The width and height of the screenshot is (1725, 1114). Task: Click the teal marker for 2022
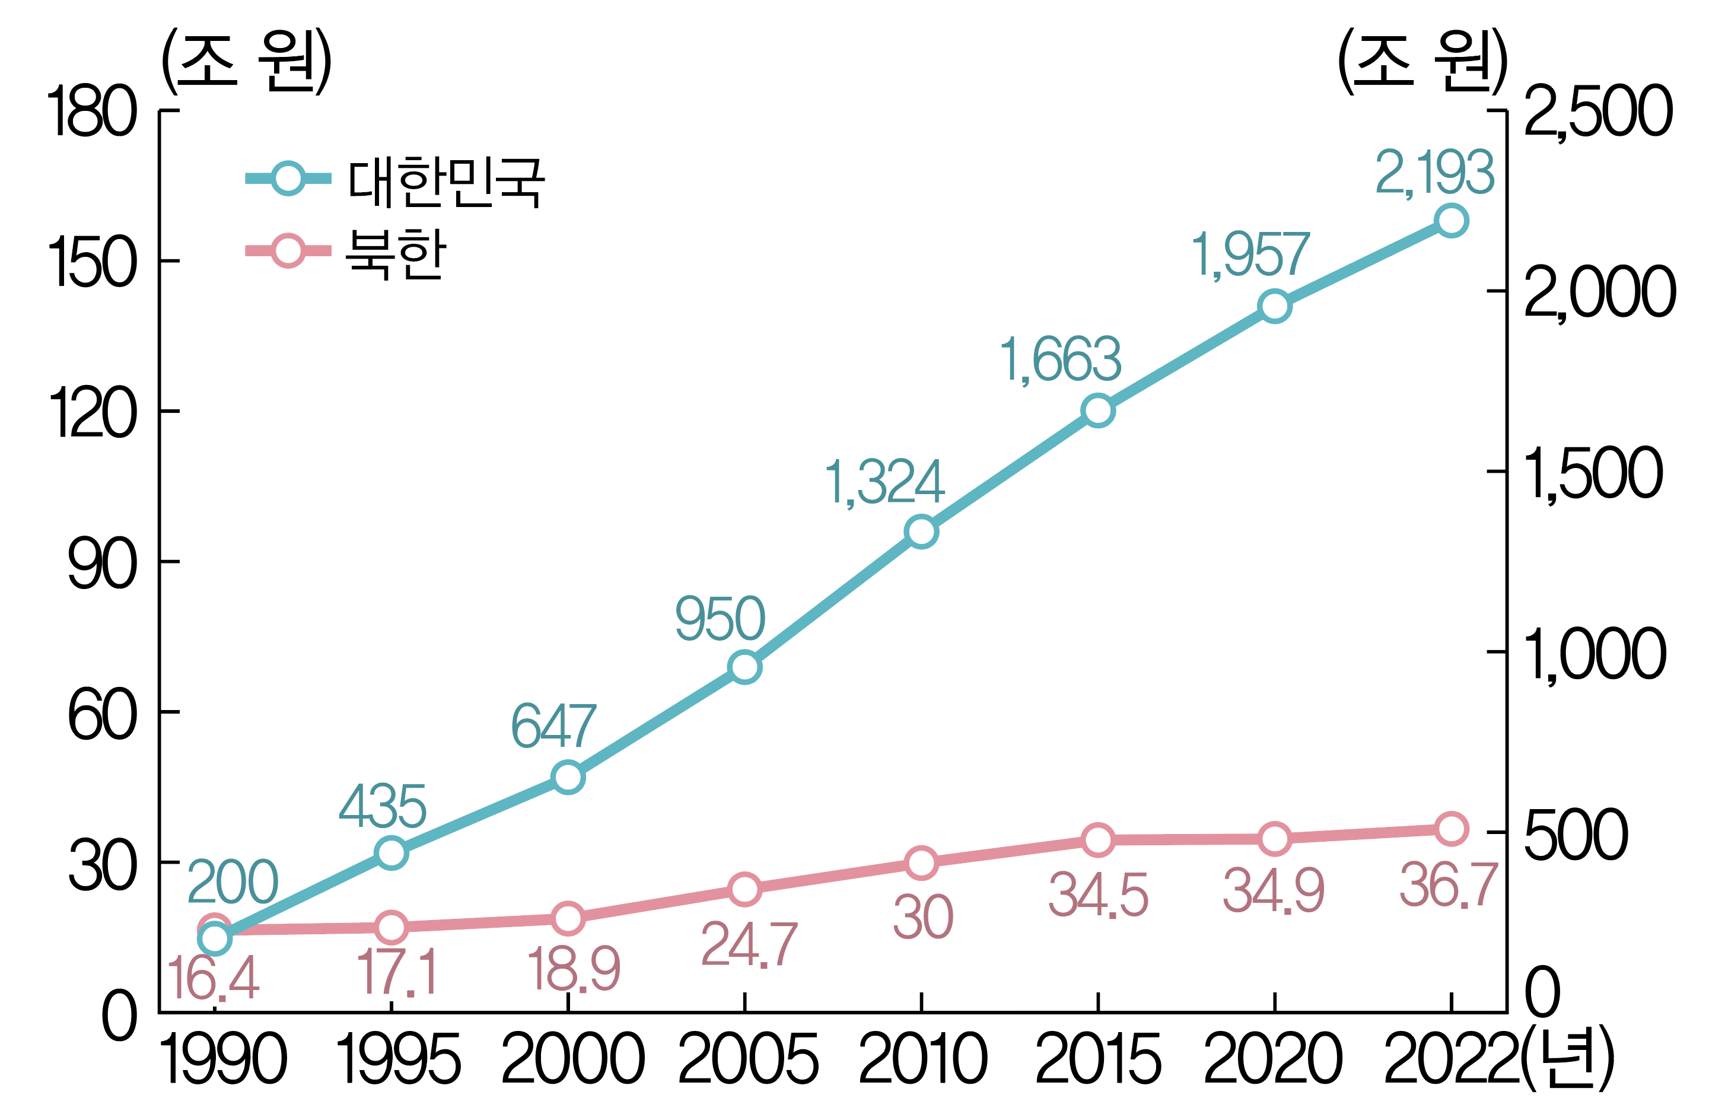(x=1451, y=221)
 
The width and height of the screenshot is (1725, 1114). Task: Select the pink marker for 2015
(x=1097, y=840)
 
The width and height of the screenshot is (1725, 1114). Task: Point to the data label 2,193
(x=1434, y=173)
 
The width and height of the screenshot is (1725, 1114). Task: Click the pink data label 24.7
(x=749, y=945)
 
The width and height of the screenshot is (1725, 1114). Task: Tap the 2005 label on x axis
(x=746, y=1061)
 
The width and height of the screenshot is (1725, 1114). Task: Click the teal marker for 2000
(x=568, y=778)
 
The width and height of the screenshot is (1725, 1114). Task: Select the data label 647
(x=553, y=726)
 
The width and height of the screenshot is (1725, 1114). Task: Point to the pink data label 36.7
(x=1448, y=886)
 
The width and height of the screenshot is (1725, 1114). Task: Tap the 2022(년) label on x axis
(x=1497, y=1061)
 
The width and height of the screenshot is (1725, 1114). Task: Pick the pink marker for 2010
(x=921, y=863)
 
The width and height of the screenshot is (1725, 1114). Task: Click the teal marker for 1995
(x=392, y=853)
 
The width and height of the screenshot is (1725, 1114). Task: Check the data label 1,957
(x=1250, y=254)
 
